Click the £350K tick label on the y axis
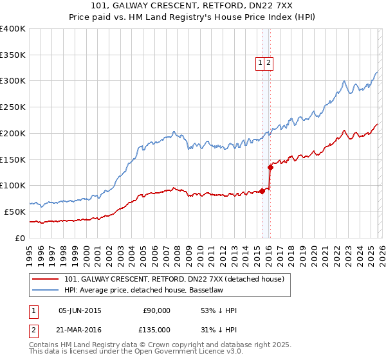click(13, 55)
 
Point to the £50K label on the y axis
click(15, 212)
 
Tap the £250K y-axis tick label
click(13, 107)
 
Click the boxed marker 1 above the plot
click(260, 62)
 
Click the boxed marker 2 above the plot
click(268, 62)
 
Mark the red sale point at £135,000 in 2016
click(270, 167)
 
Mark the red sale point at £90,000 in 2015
click(262, 190)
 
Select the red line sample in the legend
click(45, 278)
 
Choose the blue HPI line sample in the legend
click(45, 289)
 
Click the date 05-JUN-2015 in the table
click(80, 310)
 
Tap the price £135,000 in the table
click(156, 329)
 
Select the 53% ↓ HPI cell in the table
click(219, 310)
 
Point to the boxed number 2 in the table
click(33, 329)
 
